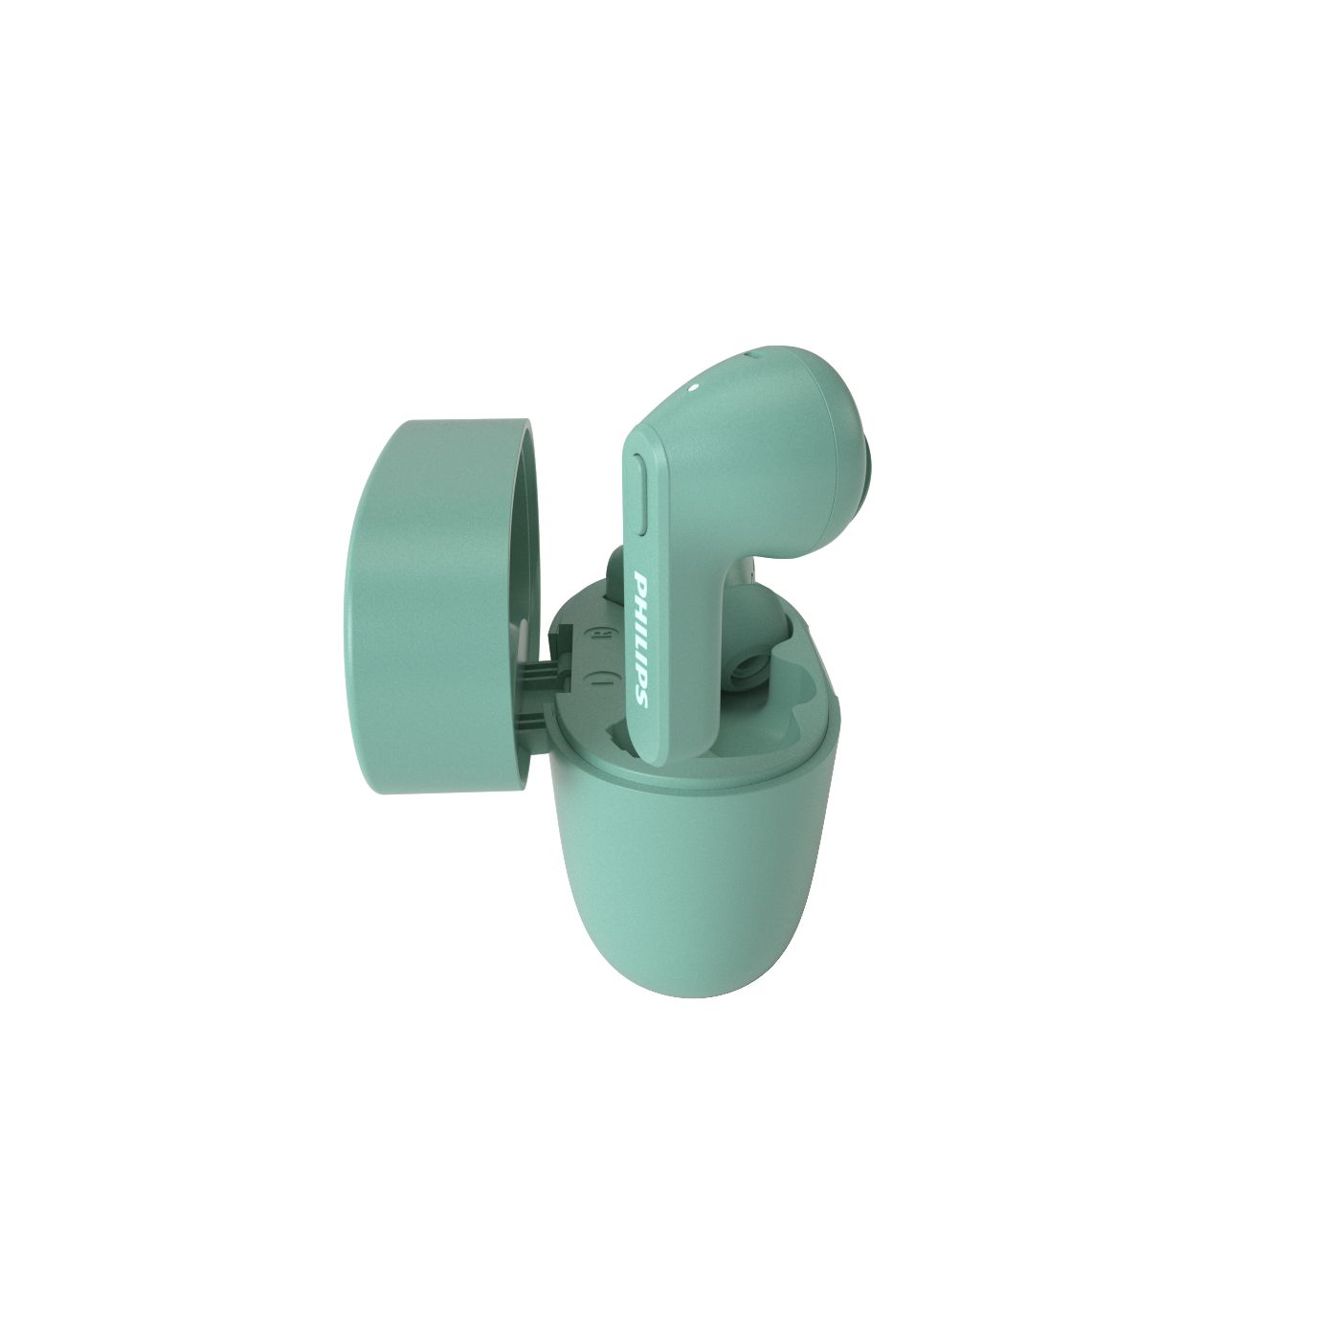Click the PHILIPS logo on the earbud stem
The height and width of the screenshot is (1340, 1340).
click(x=642, y=632)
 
